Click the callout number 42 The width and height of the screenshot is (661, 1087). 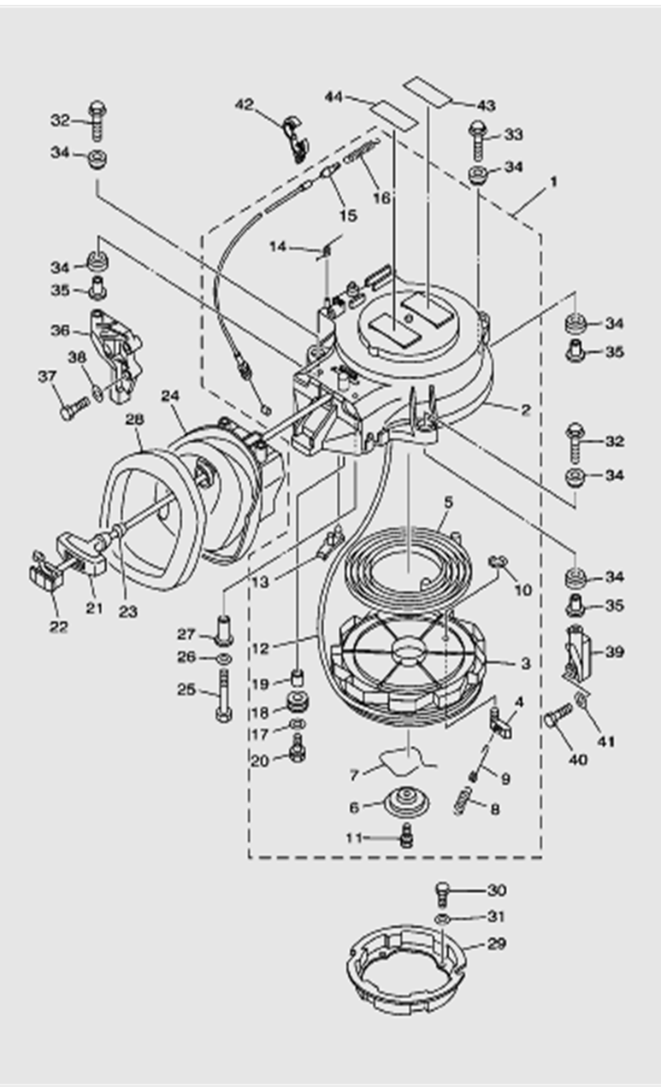coord(244,104)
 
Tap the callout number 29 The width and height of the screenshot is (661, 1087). coord(497,943)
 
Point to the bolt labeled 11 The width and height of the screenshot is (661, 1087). coord(407,837)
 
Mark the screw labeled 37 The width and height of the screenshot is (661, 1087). coord(69,406)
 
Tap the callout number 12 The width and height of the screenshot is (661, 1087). coord(260,648)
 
